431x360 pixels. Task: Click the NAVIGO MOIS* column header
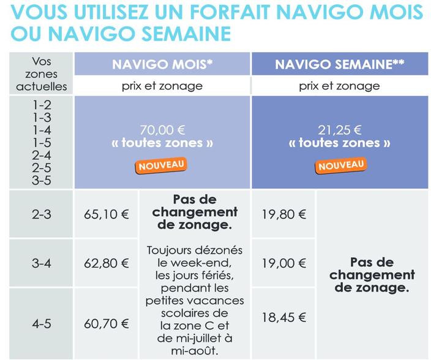(162, 64)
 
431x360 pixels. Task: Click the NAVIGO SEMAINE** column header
(339, 64)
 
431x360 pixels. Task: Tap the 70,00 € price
(162, 130)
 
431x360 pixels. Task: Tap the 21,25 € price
(339, 130)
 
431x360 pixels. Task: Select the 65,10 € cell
(106, 215)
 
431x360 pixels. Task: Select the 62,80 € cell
(106, 264)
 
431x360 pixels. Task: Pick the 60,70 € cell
(106, 323)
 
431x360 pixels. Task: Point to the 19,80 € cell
(283, 215)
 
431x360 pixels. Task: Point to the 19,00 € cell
(283, 264)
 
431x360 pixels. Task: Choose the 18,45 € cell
(283, 317)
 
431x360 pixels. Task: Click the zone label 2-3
(42, 215)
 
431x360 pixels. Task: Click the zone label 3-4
(42, 264)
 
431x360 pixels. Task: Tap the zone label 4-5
(42, 323)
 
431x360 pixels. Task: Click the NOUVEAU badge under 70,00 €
(161, 165)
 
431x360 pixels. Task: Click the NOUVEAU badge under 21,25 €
(340, 165)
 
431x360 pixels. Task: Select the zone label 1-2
(42, 106)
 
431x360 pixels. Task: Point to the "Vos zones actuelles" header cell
(42, 74)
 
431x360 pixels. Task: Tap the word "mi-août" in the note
(195, 351)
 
